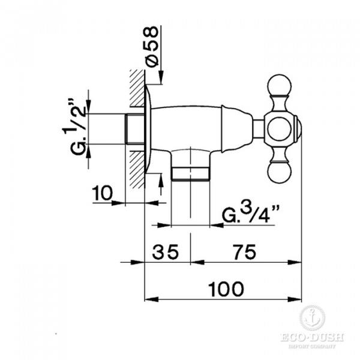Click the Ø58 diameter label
(152, 47)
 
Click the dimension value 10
(103, 194)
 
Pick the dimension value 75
(243, 253)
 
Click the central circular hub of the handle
(280, 128)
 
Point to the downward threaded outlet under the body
(190, 170)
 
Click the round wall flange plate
(148, 128)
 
